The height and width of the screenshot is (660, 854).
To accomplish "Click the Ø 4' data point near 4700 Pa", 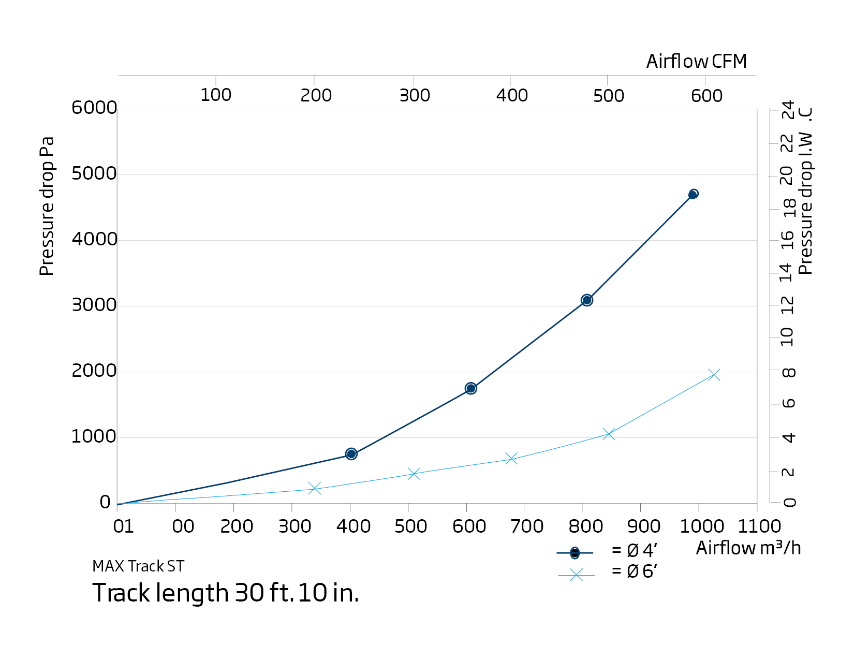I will pyautogui.click(x=693, y=194).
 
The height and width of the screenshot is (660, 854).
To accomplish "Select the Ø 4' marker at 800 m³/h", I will pyautogui.click(x=586, y=300).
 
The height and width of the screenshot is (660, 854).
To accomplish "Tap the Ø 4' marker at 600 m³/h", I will pyautogui.click(x=470, y=388).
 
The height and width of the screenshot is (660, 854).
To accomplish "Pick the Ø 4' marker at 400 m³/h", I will pyautogui.click(x=351, y=454).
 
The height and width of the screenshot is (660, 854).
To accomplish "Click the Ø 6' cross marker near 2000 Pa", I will pyautogui.click(x=714, y=374).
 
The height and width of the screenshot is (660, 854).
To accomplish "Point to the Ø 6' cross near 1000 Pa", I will pyautogui.click(x=609, y=434).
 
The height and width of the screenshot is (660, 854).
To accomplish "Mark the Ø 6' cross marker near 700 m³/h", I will pyautogui.click(x=511, y=459).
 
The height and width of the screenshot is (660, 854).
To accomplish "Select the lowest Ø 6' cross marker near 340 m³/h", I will pyautogui.click(x=315, y=488).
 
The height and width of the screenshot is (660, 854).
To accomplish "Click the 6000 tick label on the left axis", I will pyautogui.click(x=94, y=108).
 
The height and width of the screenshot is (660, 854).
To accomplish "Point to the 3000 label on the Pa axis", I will pyautogui.click(x=94, y=305).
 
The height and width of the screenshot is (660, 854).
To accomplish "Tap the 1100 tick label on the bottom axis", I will pyautogui.click(x=759, y=526).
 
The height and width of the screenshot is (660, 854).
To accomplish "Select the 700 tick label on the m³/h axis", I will pyautogui.click(x=527, y=526).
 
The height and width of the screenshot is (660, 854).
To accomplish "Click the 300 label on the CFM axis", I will pyautogui.click(x=415, y=95).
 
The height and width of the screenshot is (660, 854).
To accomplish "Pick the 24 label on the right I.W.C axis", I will pyautogui.click(x=788, y=110).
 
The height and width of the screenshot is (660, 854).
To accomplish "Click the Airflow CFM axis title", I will pyautogui.click(x=696, y=62).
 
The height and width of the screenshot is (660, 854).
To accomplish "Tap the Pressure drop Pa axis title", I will pyautogui.click(x=47, y=206).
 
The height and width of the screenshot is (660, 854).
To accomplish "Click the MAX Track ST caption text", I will pyautogui.click(x=138, y=566).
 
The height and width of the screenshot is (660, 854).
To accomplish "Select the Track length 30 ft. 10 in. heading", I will pyautogui.click(x=226, y=593).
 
